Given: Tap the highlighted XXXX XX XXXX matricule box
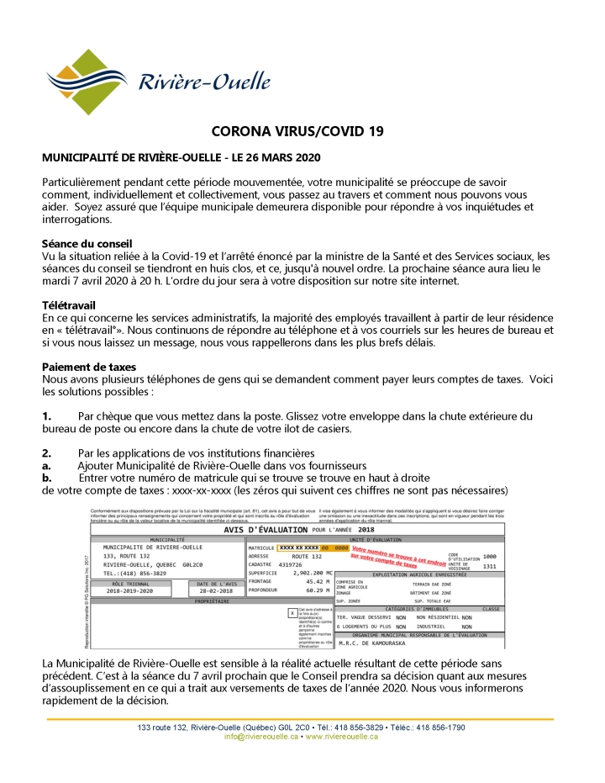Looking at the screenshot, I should tap(300, 548).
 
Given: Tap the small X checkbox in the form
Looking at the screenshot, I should tap(292, 613).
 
